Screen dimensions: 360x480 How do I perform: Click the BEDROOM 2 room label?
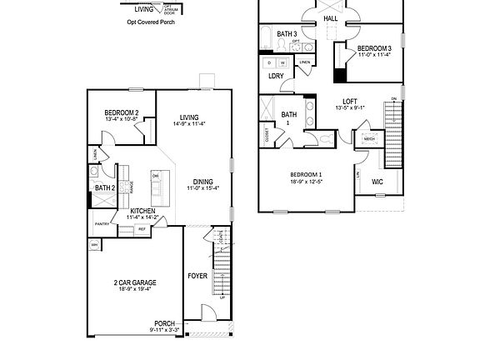[122, 113]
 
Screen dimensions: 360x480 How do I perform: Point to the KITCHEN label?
[143, 210]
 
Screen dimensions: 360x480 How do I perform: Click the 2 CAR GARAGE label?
[135, 282]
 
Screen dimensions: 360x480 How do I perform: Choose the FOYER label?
[197, 275]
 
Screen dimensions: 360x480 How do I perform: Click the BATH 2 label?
[104, 188]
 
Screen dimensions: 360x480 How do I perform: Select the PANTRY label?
[102, 223]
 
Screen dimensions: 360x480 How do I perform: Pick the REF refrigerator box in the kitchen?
[142, 228]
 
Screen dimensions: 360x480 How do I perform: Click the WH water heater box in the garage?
[94, 245]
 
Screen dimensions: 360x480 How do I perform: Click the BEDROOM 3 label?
[374, 48]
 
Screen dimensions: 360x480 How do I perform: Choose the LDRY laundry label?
[276, 76]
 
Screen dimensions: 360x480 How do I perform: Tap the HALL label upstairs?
[331, 17]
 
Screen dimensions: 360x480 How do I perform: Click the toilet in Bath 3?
[296, 44]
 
